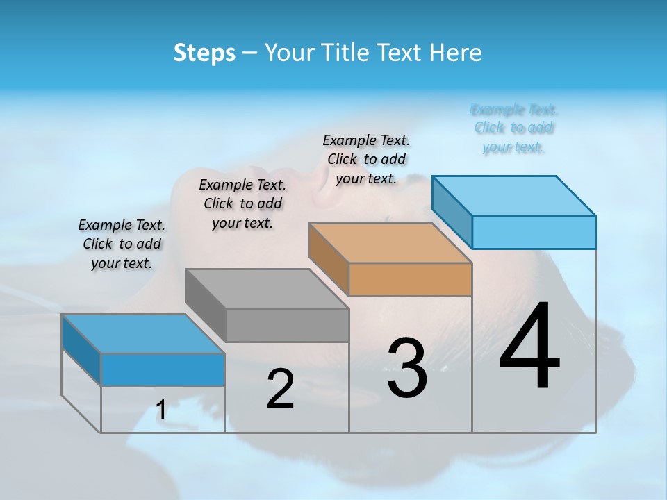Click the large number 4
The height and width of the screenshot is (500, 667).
click(529, 347)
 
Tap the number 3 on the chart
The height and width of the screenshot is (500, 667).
click(407, 368)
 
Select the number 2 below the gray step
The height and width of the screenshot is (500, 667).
click(280, 389)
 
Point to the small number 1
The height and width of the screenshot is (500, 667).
click(161, 410)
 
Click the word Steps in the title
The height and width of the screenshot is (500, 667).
click(204, 53)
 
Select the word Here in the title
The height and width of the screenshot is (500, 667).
click(456, 53)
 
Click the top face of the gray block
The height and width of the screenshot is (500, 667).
click(267, 288)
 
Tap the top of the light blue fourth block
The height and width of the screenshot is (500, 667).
click(514, 196)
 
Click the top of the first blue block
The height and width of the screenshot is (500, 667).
click(143, 334)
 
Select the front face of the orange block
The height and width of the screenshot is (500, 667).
click(410, 280)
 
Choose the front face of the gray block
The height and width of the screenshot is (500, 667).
click(287, 325)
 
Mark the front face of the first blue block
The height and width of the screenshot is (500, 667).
click(163, 369)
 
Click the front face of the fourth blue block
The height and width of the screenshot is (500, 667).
click(534, 232)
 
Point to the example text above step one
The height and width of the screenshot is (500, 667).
click(122, 244)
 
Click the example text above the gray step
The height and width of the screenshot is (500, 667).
click(242, 203)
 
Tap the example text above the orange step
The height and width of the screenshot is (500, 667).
click(366, 159)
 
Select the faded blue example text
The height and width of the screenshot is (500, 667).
click(514, 128)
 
